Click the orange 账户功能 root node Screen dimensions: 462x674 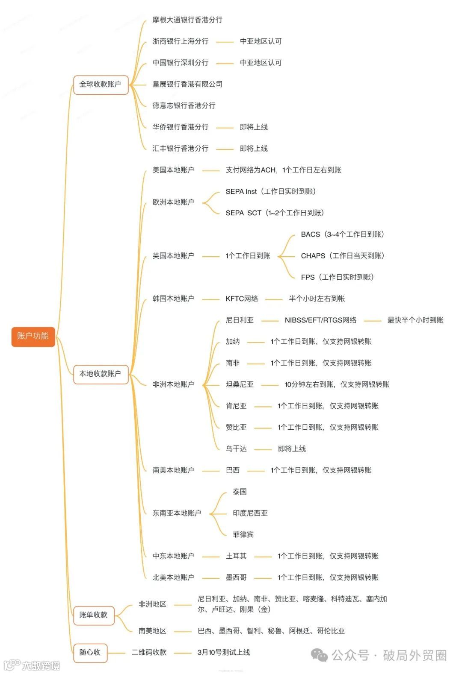pos(33,336)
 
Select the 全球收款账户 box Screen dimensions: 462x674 pos(101,85)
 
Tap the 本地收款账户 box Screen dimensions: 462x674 pos(101,374)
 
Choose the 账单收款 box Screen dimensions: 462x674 pos(94,615)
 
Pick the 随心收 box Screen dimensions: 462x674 pos(90,653)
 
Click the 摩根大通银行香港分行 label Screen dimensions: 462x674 pos(187,20)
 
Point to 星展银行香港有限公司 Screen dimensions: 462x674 pos(187,84)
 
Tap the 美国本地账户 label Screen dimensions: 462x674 pos(173,170)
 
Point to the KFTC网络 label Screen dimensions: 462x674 pos(242,299)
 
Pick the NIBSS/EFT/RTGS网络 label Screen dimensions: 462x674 pos(320,320)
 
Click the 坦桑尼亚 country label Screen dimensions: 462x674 pos(240,384)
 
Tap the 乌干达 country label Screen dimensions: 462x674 pos(236,449)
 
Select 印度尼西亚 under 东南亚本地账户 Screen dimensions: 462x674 pos(250,513)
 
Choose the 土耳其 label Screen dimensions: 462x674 pos(236,556)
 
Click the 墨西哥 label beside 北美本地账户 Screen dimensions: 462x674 pos(236,577)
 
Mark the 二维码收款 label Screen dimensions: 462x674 pos(149,653)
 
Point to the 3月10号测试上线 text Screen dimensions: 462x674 pos(224,653)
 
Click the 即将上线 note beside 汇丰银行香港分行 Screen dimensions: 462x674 pos(254,149)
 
